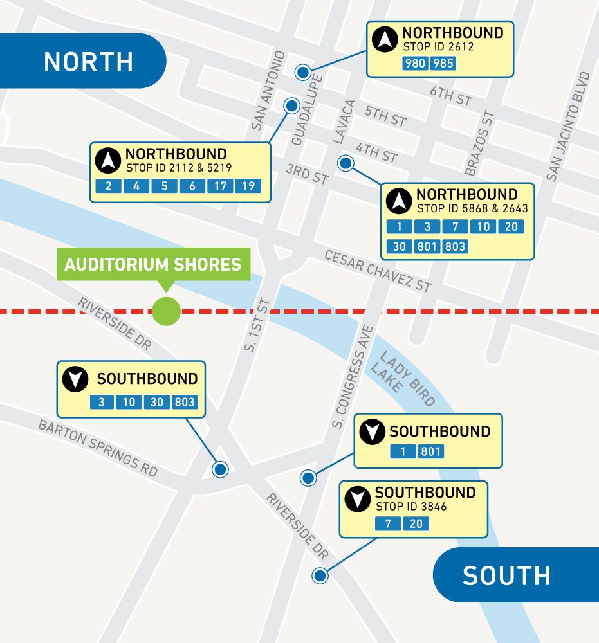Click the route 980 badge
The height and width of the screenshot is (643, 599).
pyautogui.click(x=416, y=64)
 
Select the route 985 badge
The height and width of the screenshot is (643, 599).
pyautogui.click(x=443, y=64)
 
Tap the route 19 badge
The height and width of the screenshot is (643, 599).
pyautogui.click(x=248, y=186)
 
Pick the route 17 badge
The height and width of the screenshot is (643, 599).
pyautogui.click(x=219, y=186)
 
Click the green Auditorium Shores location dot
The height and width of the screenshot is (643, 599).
pyautogui.click(x=166, y=312)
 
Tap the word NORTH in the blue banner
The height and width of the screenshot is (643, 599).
pyautogui.click(x=88, y=62)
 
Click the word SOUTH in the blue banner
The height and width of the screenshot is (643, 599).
pyautogui.click(x=506, y=575)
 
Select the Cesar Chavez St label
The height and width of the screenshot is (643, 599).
pyautogui.click(x=378, y=271)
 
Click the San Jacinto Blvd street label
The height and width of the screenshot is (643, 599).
pyautogui.click(x=568, y=126)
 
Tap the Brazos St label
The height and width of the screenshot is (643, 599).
pyautogui.click(x=479, y=143)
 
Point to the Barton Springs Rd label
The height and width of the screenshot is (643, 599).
pyautogui.click(x=97, y=448)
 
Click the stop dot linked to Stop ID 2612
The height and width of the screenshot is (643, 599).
pyautogui.click(x=302, y=72)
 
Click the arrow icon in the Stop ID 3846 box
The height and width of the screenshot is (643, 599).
pyautogui.click(x=357, y=500)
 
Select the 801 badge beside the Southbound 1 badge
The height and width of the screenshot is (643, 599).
pyautogui.click(x=430, y=452)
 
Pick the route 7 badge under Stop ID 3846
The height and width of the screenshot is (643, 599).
pyautogui.click(x=388, y=524)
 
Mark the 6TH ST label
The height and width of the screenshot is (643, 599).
pyautogui.click(x=451, y=97)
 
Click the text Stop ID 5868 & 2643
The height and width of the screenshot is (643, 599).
pyautogui.click(x=472, y=208)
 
